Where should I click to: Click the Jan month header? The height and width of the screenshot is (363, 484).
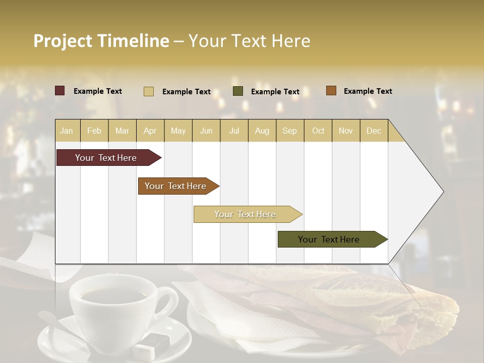click(x=67, y=131)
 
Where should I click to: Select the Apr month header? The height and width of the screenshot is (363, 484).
click(x=150, y=131)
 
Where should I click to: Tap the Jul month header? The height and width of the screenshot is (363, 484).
click(x=234, y=131)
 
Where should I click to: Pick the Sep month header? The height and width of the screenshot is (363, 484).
click(x=290, y=131)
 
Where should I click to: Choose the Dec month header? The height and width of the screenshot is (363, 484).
click(x=374, y=131)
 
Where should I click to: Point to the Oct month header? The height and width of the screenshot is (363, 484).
click(x=318, y=131)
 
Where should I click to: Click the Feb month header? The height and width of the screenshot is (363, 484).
click(x=94, y=131)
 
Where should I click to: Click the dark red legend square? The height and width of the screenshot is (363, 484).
click(x=60, y=91)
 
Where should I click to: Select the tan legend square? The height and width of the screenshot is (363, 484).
click(x=149, y=91)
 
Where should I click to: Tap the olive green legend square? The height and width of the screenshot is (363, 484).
click(x=238, y=91)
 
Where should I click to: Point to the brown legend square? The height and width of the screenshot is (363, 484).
click(x=331, y=91)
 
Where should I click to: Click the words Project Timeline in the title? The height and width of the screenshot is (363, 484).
click(x=101, y=41)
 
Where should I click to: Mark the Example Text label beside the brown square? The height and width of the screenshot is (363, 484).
click(x=368, y=91)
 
